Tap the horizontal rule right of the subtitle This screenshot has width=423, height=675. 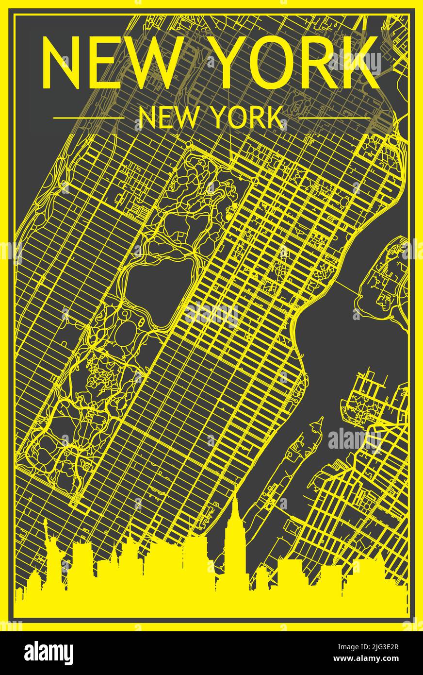coord(334,118)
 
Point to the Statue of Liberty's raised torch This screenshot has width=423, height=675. coord(45,521)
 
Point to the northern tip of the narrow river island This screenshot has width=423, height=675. coord(320,419)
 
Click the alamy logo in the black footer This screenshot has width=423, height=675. coord(49,653)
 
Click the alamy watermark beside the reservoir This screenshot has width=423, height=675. coord(211,315)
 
